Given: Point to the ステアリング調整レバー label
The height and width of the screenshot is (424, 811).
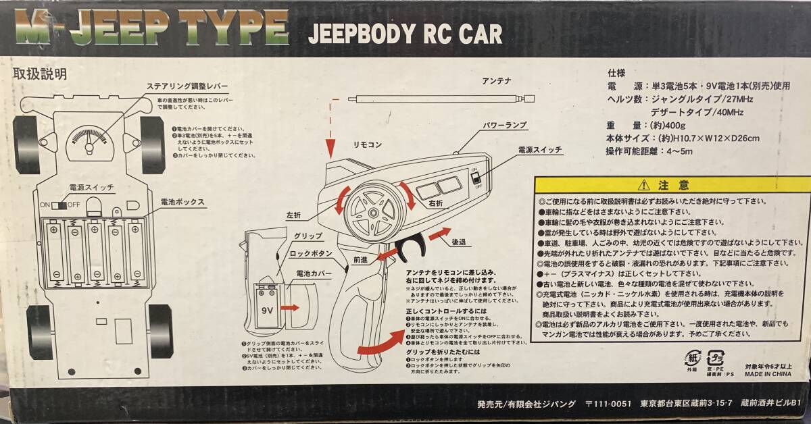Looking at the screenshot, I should click(187, 88).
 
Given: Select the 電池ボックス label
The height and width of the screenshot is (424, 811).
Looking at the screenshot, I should click(182, 202).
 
